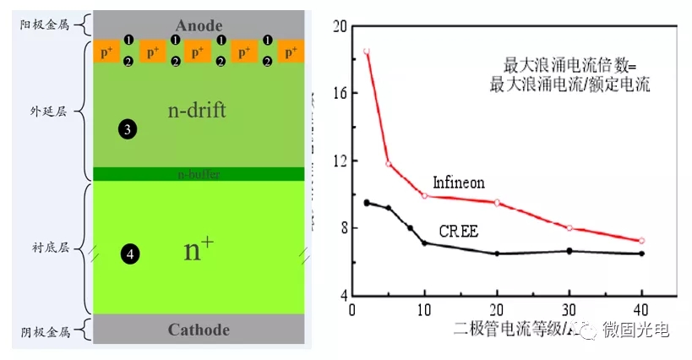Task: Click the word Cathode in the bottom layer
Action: coord(199,329)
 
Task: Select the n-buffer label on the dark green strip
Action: coord(199,174)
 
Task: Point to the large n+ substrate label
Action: coord(199,250)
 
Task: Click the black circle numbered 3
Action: coord(128,129)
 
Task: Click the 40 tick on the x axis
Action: coord(641,310)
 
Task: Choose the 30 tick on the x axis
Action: coord(569,310)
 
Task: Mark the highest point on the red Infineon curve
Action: coord(367,52)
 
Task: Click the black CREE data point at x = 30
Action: coord(569,251)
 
